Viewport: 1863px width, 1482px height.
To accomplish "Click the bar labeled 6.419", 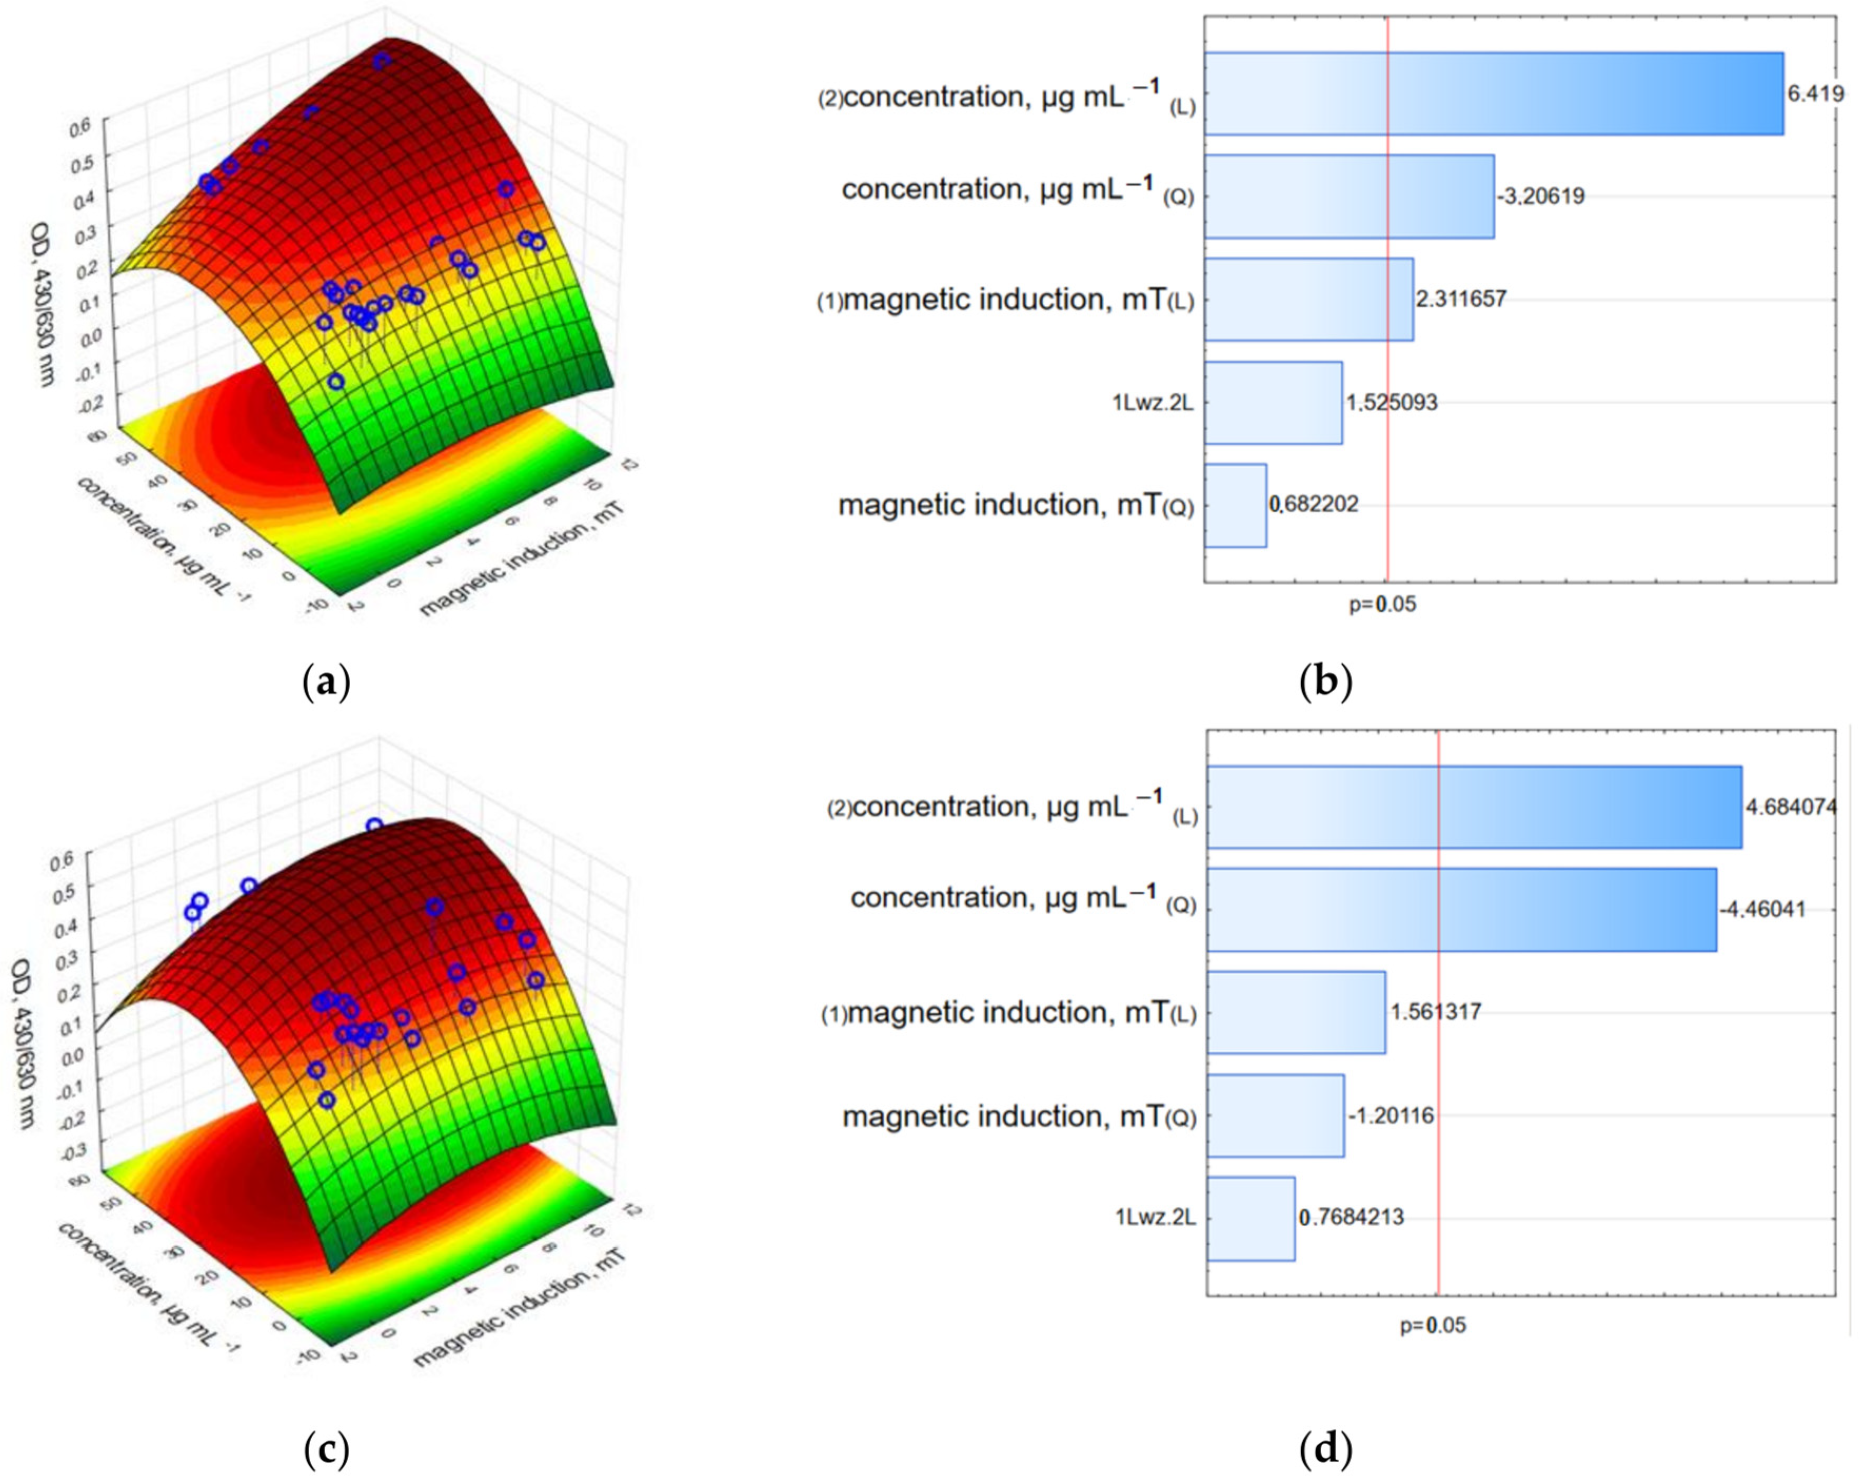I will tap(1493, 93).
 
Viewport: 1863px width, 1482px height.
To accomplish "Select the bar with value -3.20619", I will tap(1349, 196).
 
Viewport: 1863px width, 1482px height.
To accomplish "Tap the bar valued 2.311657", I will tap(1308, 299).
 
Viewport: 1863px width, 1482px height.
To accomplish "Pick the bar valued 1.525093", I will tap(1273, 403).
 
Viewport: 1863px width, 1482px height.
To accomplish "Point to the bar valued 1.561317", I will tap(1295, 1012).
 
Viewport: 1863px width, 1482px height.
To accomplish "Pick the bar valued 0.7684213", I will tap(1251, 1218).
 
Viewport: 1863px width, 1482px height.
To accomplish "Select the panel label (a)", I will tap(326, 683).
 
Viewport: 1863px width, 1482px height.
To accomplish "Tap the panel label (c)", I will tap(326, 1449).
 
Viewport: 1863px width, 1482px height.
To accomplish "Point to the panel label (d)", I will tap(1325, 1449).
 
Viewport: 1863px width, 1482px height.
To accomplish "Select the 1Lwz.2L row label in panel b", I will tap(1152, 403).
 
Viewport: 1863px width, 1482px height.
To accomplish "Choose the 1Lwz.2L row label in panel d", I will tap(1155, 1218).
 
